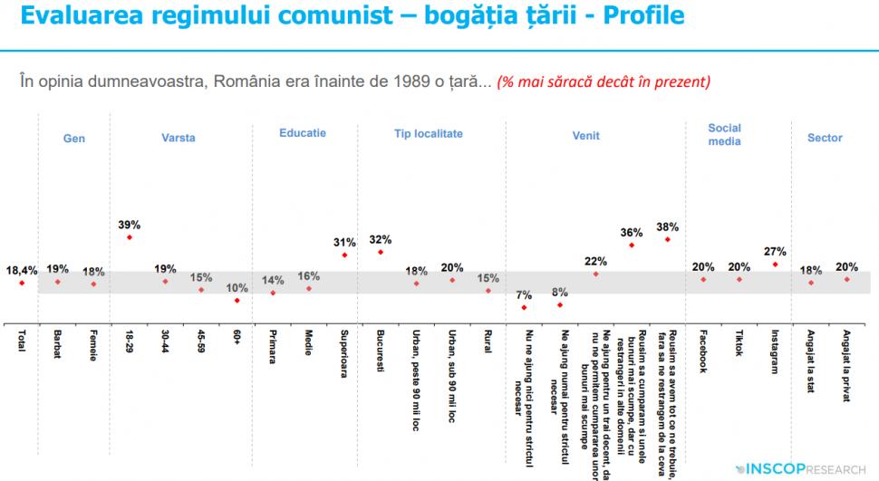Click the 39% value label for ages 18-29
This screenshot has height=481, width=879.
tap(129, 224)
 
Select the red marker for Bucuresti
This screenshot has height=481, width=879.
tap(380, 252)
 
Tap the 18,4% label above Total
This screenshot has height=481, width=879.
tap(22, 270)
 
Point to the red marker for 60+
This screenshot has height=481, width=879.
tap(237, 300)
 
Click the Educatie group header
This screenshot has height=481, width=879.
tap(303, 133)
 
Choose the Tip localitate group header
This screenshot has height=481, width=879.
tap(428, 133)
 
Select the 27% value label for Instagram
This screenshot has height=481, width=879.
tap(775, 251)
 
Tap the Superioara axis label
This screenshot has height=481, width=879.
tap(344, 354)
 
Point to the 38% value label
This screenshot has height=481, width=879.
tap(668, 226)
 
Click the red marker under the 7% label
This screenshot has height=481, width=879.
tap(524, 307)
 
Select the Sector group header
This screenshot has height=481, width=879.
tap(825, 138)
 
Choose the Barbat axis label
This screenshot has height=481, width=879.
tap(57, 343)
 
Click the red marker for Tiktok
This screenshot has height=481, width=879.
tap(739, 279)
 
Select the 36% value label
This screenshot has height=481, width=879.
tap(632, 232)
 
